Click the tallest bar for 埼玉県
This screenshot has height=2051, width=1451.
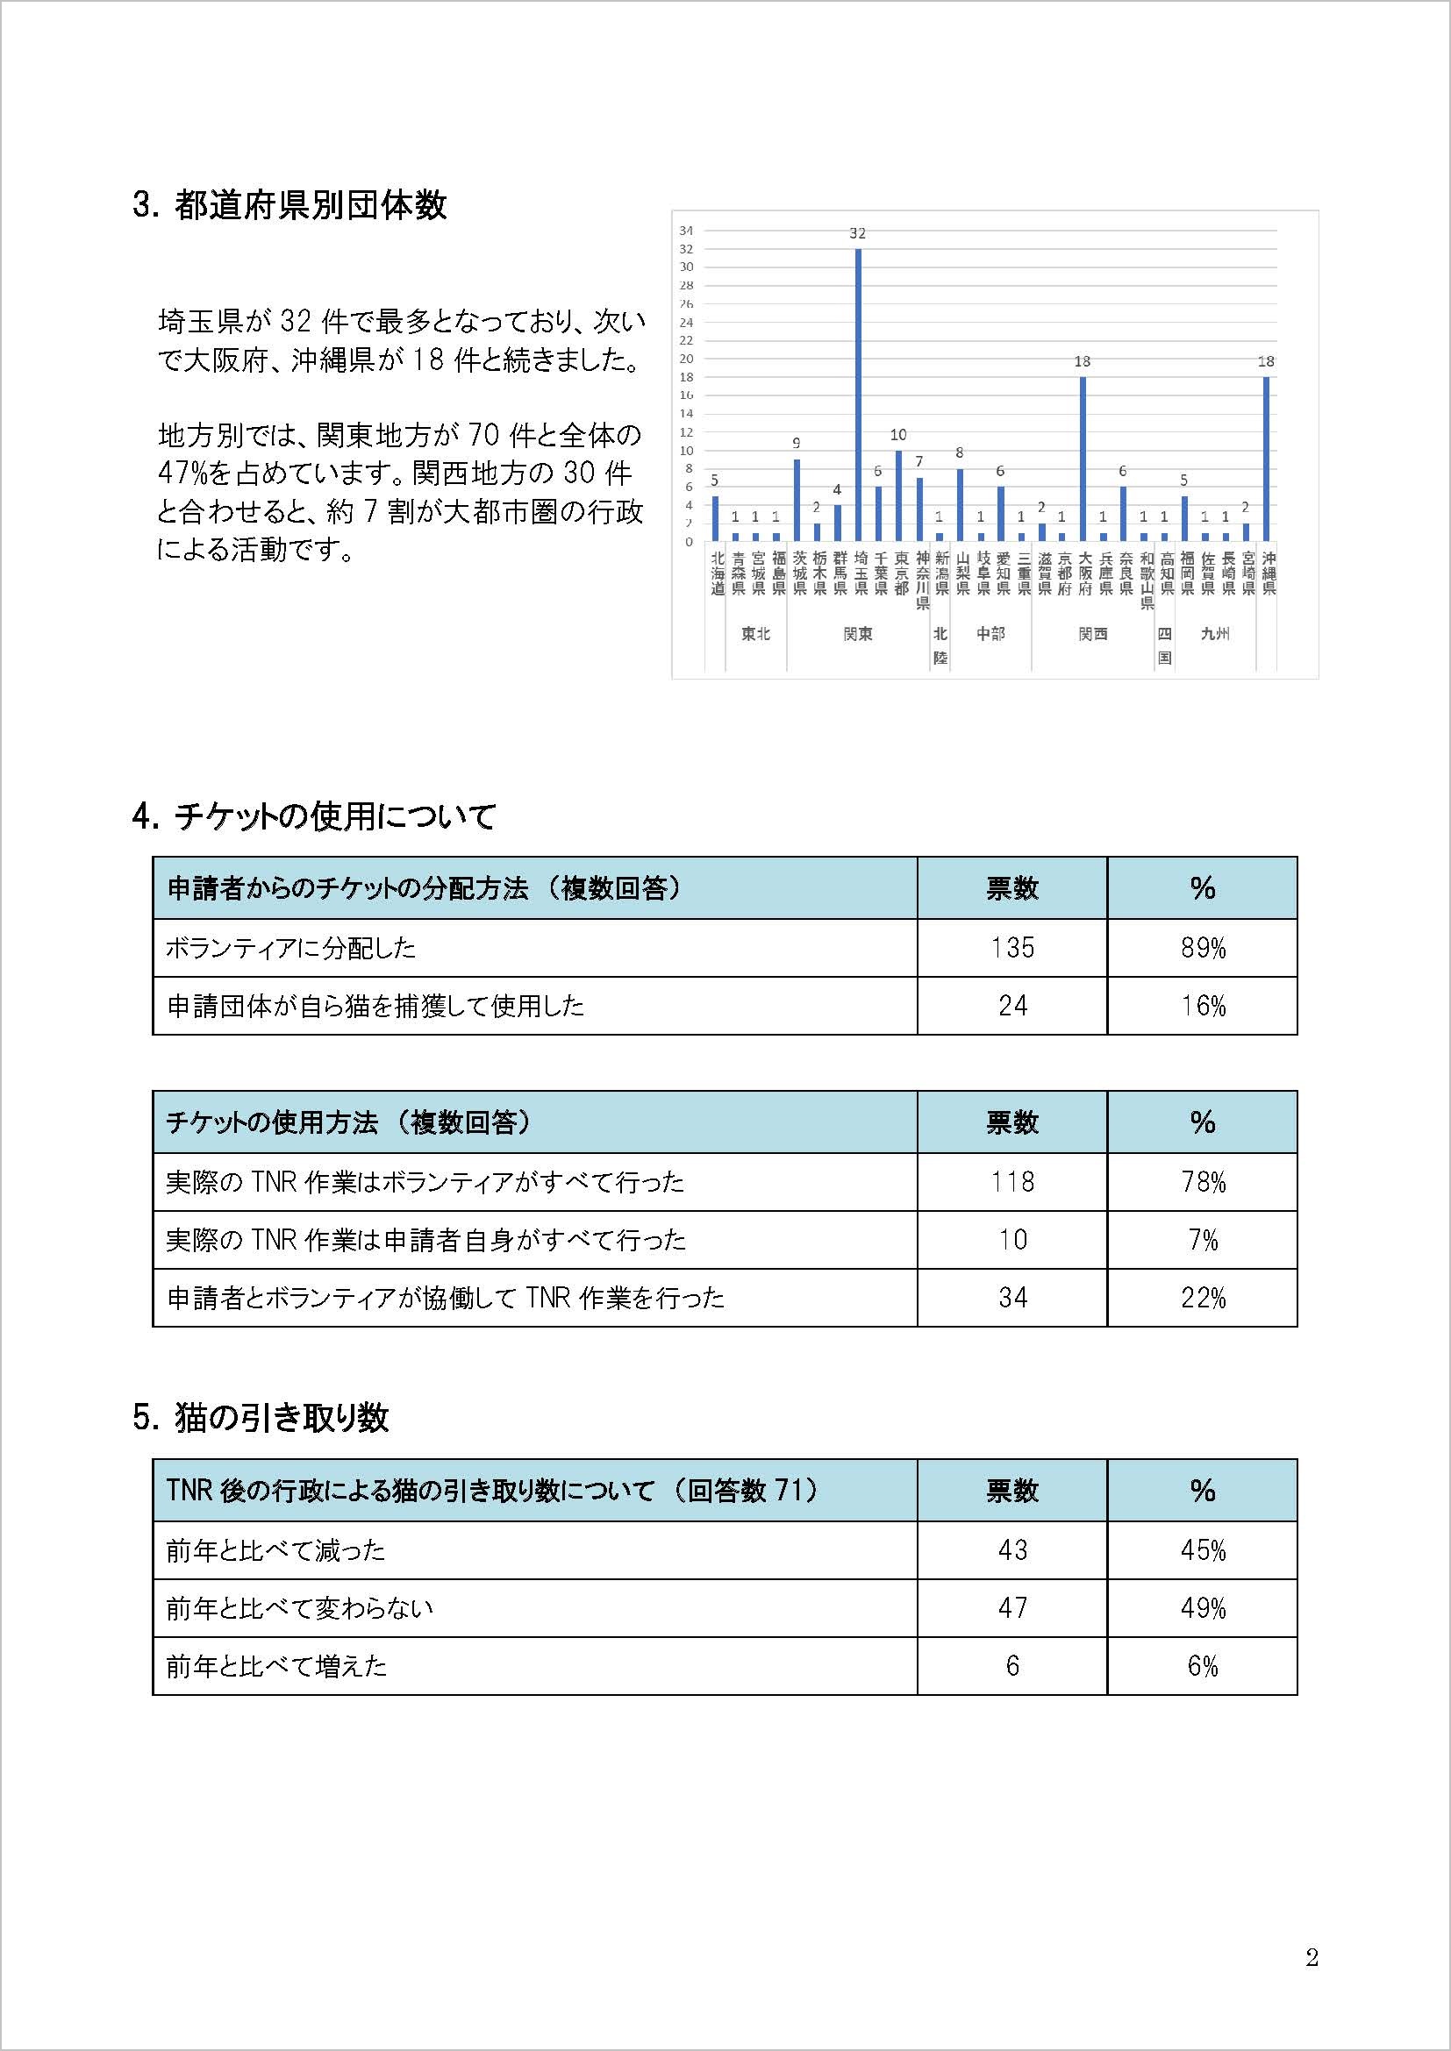click(858, 395)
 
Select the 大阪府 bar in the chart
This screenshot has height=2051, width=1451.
click(1082, 459)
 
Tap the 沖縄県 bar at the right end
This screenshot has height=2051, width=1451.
click(1266, 459)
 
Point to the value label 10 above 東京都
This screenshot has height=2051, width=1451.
click(898, 435)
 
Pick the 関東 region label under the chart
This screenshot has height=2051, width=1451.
click(858, 634)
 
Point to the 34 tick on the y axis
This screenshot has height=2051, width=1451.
click(686, 231)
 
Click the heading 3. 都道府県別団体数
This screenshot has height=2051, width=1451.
click(289, 206)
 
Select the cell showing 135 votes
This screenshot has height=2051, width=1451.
click(1011, 948)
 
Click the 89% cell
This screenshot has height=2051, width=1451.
click(1202, 948)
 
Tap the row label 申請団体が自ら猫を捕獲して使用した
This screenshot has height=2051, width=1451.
click(375, 1006)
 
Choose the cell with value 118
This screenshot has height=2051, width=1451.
click(1011, 1182)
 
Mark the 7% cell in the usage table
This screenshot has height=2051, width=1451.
click(1202, 1240)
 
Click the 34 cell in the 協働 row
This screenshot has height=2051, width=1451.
click(1011, 1297)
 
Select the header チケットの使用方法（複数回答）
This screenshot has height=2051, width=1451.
click(348, 1122)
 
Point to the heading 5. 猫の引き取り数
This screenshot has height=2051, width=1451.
click(260, 1418)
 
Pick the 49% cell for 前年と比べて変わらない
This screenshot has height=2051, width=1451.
click(1202, 1608)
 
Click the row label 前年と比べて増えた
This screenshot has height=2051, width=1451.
click(276, 1666)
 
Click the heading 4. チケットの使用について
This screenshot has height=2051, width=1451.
click(313, 816)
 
